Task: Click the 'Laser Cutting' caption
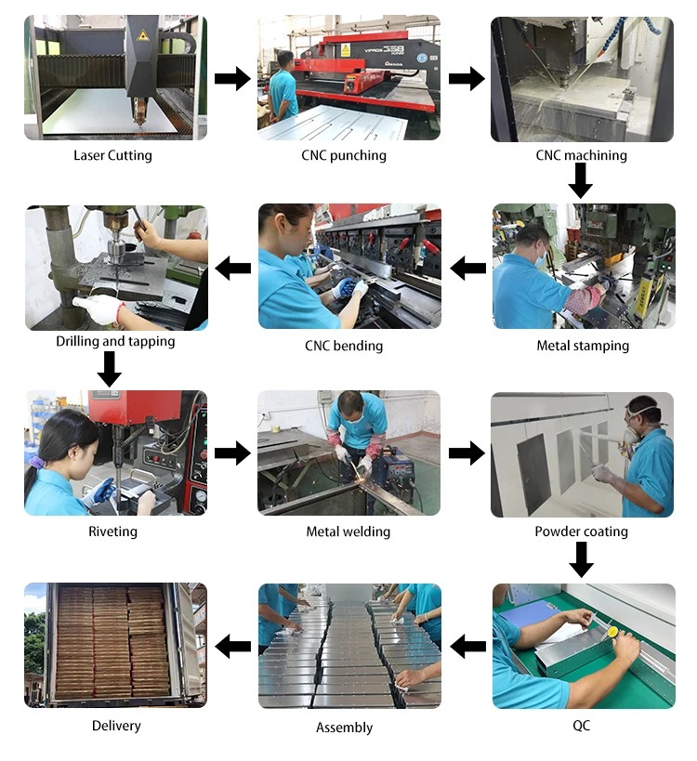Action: pyautogui.click(x=112, y=155)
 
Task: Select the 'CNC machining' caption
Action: pyautogui.click(x=581, y=155)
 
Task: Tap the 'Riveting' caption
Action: pyautogui.click(x=113, y=531)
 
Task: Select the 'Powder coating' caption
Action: pyautogui.click(x=581, y=531)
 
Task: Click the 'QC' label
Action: pyautogui.click(x=581, y=725)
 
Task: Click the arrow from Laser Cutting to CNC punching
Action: pyautogui.click(x=232, y=79)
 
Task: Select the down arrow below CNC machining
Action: pyautogui.click(x=581, y=180)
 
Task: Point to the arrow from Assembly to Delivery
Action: pyautogui.click(x=232, y=645)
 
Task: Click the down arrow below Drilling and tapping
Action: pyautogui.click(x=110, y=369)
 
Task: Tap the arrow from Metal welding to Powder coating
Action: pyautogui.click(x=467, y=453)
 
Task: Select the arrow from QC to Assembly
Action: pyautogui.click(x=467, y=645)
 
